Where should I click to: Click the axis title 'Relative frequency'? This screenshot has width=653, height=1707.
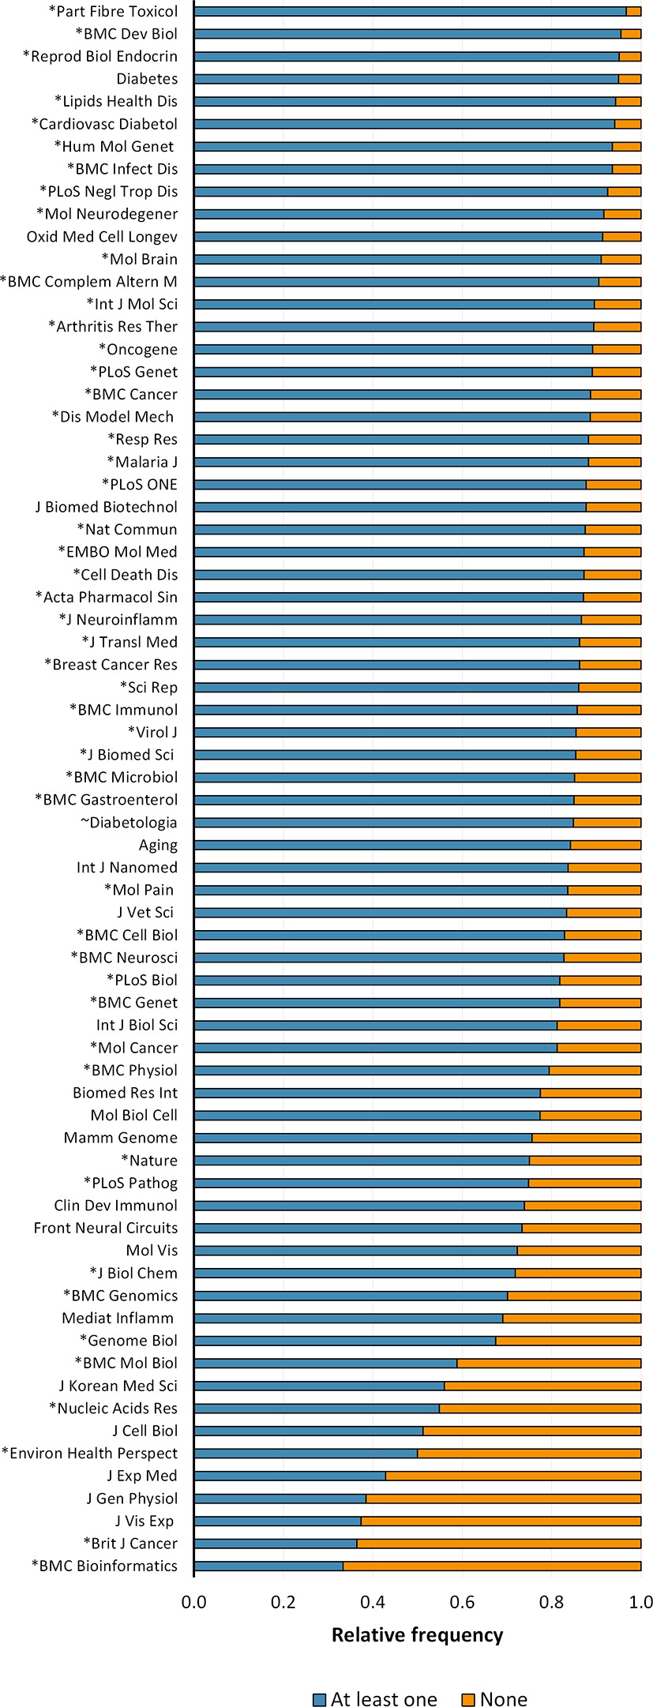click(417, 1634)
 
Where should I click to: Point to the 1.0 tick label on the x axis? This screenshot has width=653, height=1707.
click(640, 1601)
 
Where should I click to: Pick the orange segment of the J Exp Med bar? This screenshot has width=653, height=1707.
click(513, 1476)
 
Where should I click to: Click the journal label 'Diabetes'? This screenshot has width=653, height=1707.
click(147, 79)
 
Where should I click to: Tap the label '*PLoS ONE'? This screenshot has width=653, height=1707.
click(140, 484)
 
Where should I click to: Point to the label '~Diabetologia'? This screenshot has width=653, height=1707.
click(129, 823)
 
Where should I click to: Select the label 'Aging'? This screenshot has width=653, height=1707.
click(158, 845)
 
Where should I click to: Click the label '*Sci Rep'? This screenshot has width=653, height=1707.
click(148, 687)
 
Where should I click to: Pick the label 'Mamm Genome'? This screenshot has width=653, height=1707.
click(121, 1138)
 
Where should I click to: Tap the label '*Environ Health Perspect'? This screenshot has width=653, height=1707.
click(90, 1454)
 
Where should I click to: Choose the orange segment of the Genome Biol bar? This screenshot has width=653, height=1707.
click(568, 1341)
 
